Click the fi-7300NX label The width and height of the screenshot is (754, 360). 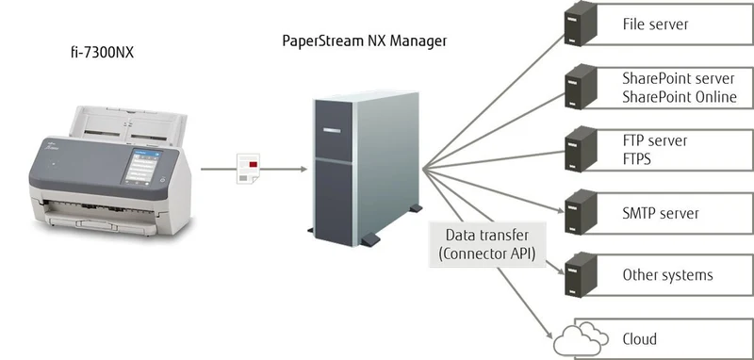point(102,52)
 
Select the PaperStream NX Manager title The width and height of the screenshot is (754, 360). point(364,41)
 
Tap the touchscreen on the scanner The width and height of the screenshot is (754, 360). point(143,166)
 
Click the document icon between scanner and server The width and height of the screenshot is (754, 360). point(248,169)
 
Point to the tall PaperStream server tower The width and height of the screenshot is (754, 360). point(367,169)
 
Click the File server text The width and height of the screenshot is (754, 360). point(655,25)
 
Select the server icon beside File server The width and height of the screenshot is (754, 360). point(581,24)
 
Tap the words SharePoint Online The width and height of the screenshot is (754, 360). point(680,97)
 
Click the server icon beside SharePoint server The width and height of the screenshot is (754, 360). point(581,87)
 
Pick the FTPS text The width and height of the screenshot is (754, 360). point(637,158)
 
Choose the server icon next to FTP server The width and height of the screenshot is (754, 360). point(581,149)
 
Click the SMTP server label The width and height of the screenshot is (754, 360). point(661,213)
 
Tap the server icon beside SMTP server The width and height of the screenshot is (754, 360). point(581,212)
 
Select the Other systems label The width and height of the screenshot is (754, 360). point(667,275)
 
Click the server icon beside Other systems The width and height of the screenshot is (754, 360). point(581,274)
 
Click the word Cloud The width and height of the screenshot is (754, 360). point(640,338)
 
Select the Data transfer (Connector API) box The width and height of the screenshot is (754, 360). point(487,244)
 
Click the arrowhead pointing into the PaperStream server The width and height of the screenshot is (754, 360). point(303,169)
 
